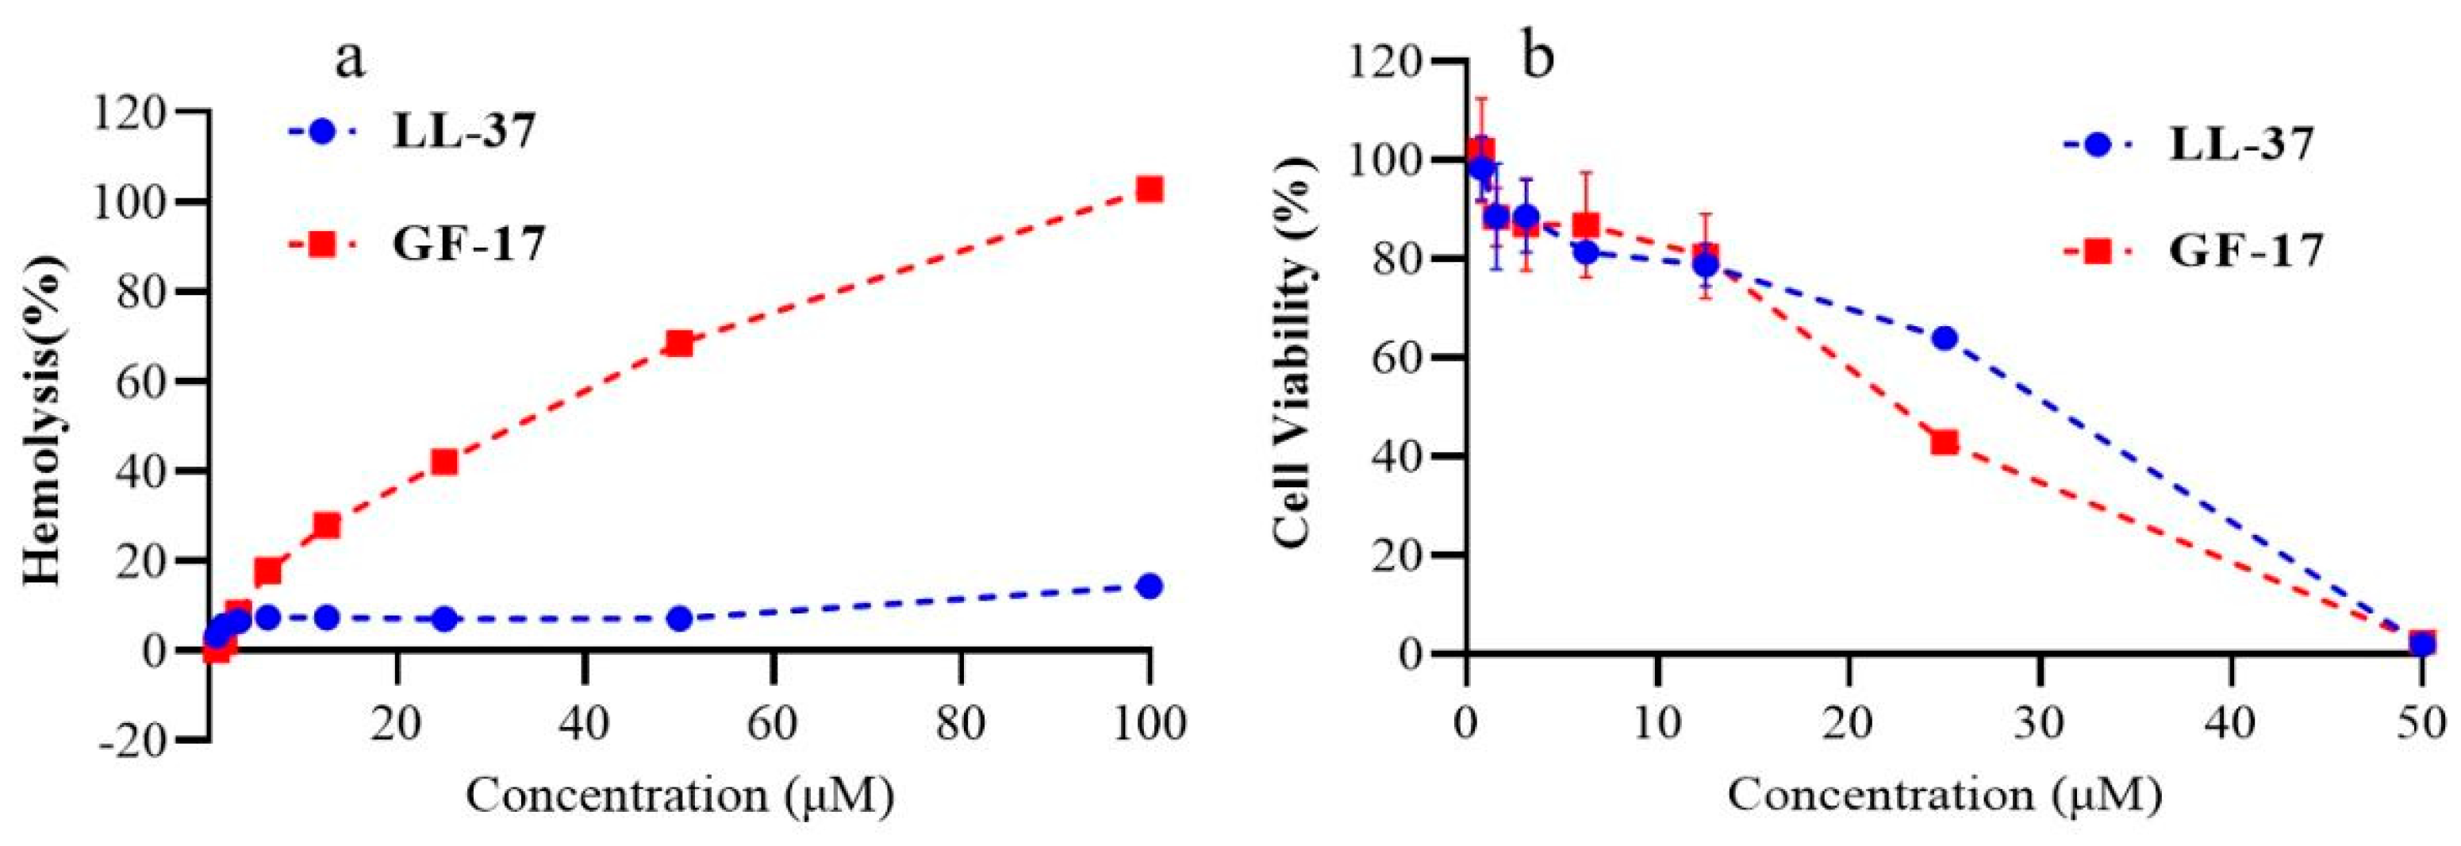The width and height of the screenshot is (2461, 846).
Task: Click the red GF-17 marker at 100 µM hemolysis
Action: [1150, 189]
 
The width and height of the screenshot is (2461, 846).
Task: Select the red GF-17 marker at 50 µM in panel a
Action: [679, 343]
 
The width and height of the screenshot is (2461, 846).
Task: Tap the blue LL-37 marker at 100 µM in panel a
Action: [1150, 586]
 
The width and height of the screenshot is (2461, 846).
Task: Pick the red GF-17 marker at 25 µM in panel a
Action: [444, 462]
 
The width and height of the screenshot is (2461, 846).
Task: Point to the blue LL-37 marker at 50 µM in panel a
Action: [679, 618]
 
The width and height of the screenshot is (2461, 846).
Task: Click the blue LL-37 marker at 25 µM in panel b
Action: [1945, 338]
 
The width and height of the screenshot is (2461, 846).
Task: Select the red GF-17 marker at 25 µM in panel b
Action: [1945, 441]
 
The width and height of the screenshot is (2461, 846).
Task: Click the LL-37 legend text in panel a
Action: [464, 131]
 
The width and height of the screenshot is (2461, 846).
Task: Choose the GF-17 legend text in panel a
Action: [468, 244]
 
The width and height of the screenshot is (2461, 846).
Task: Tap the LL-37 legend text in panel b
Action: [2241, 144]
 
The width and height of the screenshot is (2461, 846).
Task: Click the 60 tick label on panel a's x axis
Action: [772, 724]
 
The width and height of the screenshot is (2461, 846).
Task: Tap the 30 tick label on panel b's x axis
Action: [2040, 724]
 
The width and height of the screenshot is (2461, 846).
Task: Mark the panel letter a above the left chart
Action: [350, 60]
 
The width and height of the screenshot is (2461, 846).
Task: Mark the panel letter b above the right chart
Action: [1538, 57]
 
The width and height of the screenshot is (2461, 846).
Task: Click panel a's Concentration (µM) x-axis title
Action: [679, 795]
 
